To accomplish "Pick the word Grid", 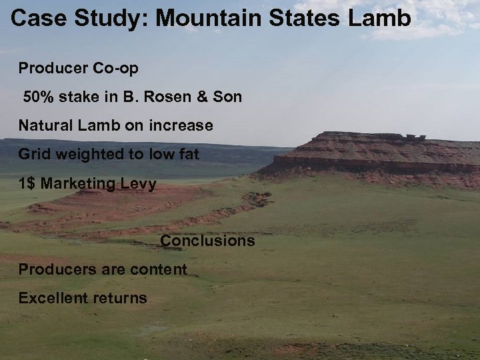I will click(x=33, y=154).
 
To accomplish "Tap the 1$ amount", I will click(x=27, y=183).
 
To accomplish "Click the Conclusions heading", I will click(x=207, y=241).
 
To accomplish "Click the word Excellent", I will click(x=51, y=298).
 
